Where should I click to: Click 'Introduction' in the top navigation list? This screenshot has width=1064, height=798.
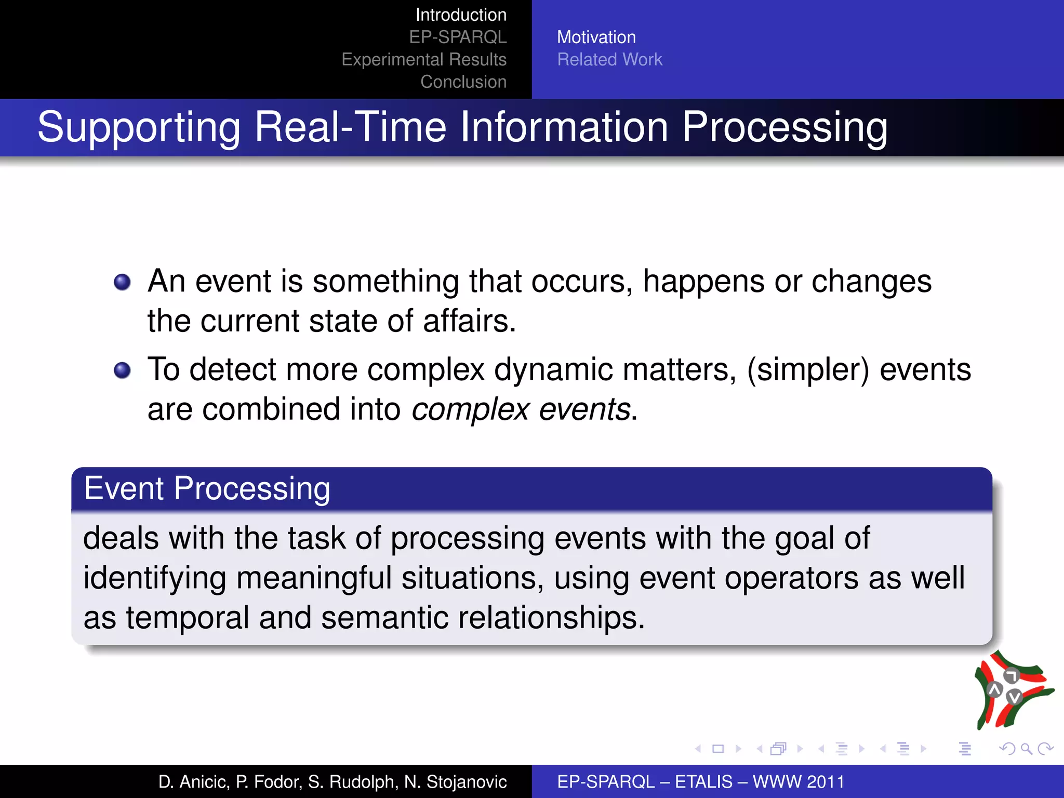(x=461, y=15)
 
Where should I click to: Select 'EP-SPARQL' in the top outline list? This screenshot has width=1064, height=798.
(x=458, y=37)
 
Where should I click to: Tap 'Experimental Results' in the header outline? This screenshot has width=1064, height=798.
(x=424, y=60)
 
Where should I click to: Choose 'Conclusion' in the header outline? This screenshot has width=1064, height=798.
(x=463, y=82)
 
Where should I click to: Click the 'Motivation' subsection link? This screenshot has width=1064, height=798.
(x=596, y=37)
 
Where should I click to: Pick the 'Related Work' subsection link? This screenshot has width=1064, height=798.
(x=609, y=60)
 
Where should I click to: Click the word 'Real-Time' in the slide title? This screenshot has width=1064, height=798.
(x=350, y=127)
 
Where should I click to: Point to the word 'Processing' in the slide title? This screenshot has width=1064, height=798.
(x=784, y=127)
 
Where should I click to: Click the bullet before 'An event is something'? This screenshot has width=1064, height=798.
(x=122, y=282)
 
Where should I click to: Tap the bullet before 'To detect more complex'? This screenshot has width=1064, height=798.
(x=122, y=370)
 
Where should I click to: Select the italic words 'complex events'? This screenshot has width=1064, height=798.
(x=521, y=409)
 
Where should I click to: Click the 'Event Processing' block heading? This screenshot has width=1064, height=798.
(x=207, y=489)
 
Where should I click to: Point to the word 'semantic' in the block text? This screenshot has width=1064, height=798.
(x=384, y=618)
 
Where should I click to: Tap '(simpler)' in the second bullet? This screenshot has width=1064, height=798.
(x=808, y=370)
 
